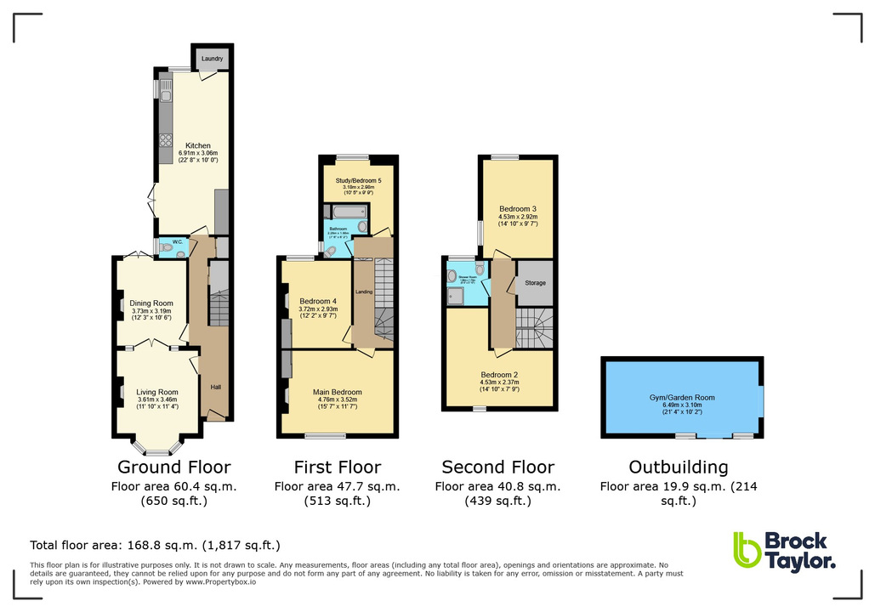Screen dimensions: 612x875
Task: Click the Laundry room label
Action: [213, 59]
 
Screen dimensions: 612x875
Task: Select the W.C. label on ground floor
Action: [177, 241]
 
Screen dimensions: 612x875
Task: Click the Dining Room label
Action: [151, 303]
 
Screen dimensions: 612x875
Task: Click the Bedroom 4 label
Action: [317, 301]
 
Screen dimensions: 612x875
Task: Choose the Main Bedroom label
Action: [338, 392]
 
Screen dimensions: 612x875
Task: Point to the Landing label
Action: [364, 292]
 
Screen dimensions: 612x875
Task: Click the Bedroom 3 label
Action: [517, 208]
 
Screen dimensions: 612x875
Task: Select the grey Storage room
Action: [535, 283]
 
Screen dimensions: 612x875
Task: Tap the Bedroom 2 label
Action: [499, 375]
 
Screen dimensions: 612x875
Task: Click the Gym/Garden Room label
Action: [682, 397]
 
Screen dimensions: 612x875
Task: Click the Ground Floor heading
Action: [173, 467]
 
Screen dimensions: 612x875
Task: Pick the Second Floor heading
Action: [497, 467]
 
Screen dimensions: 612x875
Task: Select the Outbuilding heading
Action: [678, 467]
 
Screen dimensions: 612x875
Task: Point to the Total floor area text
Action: [155, 545]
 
